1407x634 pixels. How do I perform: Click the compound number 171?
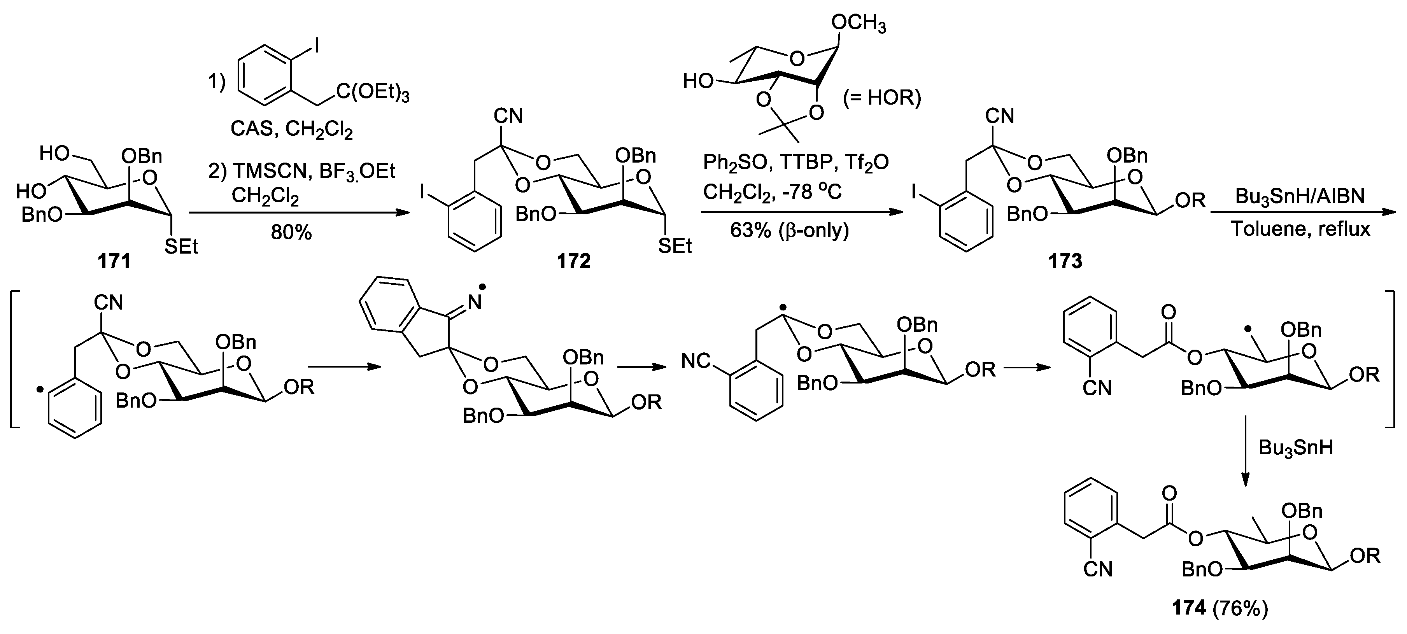114,261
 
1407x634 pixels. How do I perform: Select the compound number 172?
573,261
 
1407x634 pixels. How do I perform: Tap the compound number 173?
1065,261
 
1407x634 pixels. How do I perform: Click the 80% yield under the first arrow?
291,233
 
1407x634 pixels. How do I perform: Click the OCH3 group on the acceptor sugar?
858,25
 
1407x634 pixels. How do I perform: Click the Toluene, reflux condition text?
1300,229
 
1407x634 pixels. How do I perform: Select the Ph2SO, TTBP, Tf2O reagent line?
796,162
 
